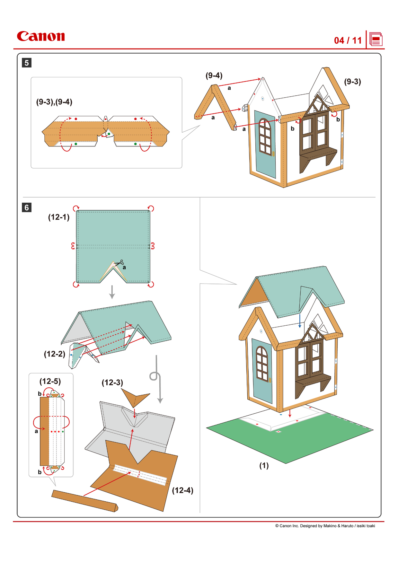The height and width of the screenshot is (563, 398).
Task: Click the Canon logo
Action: (x=41, y=36)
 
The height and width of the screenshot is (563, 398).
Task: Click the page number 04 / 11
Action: (x=348, y=40)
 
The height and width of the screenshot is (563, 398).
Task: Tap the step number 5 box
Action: (x=27, y=63)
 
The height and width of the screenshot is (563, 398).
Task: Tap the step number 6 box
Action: (x=27, y=207)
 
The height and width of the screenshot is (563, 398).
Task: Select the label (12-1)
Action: (x=59, y=217)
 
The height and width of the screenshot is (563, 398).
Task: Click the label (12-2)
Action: (x=54, y=354)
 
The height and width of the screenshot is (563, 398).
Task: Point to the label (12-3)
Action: (x=112, y=383)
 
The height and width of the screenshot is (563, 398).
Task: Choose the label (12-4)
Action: (x=182, y=490)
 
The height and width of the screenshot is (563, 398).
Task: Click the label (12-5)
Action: (x=50, y=381)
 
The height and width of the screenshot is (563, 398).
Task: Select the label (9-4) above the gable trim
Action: (x=214, y=75)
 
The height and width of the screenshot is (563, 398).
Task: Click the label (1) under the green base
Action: (x=264, y=465)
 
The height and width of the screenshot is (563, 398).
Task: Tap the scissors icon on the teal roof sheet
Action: (x=119, y=263)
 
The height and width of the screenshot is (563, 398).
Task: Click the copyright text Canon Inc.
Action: (x=325, y=526)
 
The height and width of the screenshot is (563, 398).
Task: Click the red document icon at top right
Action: (x=376, y=40)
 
